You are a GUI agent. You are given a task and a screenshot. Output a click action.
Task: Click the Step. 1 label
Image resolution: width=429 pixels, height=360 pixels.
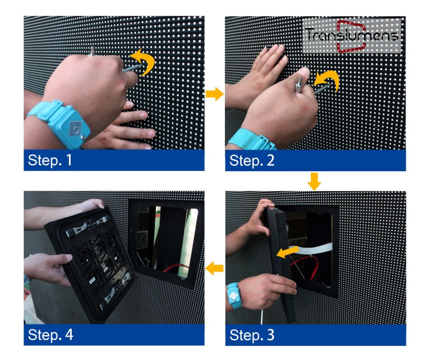pyautogui.click(x=50, y=160)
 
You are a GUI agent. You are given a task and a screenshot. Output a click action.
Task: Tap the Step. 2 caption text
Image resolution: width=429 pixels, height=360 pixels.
pyautogui.click(x=252, y=160)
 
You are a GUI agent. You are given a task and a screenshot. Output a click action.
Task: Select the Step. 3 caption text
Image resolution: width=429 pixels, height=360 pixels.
pyautogui.click(x=252, y=335)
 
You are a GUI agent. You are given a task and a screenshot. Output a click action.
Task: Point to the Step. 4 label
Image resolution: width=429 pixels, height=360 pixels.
pyautogui.click(x=50, y=335)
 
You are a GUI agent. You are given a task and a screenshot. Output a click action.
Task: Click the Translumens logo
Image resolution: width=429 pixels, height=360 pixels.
pyautogui.click(x=352, y=36)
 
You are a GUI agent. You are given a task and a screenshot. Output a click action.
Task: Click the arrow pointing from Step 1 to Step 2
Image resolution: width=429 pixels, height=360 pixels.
pyautogui.click(x=215, y=94)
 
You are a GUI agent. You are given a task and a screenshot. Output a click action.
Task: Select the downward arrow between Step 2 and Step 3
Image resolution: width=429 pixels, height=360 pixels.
pyautogui.click(x=314, y=181)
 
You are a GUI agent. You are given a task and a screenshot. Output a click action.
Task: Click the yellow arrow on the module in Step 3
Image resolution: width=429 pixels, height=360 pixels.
pyautogui.click(x=287, y=252)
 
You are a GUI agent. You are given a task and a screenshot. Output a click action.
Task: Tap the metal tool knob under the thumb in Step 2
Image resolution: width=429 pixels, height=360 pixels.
pyautogui.click(x=299, y=85)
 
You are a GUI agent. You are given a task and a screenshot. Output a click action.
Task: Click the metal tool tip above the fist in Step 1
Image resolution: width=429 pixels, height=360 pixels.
pyautogui.click(x=92, y=51)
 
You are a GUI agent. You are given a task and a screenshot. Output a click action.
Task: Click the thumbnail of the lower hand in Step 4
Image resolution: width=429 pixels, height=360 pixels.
pyautogui.click(x=69, y=257)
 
